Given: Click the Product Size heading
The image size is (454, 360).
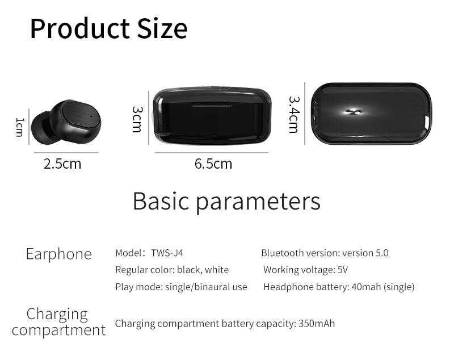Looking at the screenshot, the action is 108,28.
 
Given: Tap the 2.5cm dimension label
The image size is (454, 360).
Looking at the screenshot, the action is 62,164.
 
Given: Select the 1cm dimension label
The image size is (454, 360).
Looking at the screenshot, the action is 20,127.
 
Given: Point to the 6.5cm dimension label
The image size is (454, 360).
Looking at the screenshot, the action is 213,164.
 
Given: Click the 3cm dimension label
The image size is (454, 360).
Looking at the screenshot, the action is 137,119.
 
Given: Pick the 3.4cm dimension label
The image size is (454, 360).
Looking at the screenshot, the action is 294,114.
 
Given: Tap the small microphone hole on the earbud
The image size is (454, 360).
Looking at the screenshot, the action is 91,116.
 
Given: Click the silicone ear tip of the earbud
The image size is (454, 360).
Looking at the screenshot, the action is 40,127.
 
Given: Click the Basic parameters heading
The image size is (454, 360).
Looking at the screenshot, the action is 226,201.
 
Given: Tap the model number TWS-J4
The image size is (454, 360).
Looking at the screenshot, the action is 167,253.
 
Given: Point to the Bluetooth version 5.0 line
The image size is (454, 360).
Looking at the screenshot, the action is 325,253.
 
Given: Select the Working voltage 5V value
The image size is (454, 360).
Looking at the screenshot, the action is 343,270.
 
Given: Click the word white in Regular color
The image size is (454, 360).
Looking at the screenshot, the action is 217,270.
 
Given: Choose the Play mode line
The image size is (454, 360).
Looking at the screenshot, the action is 181,287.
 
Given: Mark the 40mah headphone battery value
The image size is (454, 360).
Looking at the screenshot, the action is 366,287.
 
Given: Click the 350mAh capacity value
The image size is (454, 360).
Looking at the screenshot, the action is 317,323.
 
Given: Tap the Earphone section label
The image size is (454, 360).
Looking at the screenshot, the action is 59,254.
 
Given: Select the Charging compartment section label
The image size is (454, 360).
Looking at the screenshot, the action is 59,322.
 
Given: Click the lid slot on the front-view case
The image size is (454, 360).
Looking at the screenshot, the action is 212,104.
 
